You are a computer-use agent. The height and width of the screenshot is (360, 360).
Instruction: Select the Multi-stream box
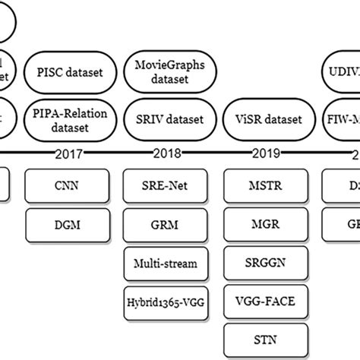(165, 264)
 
